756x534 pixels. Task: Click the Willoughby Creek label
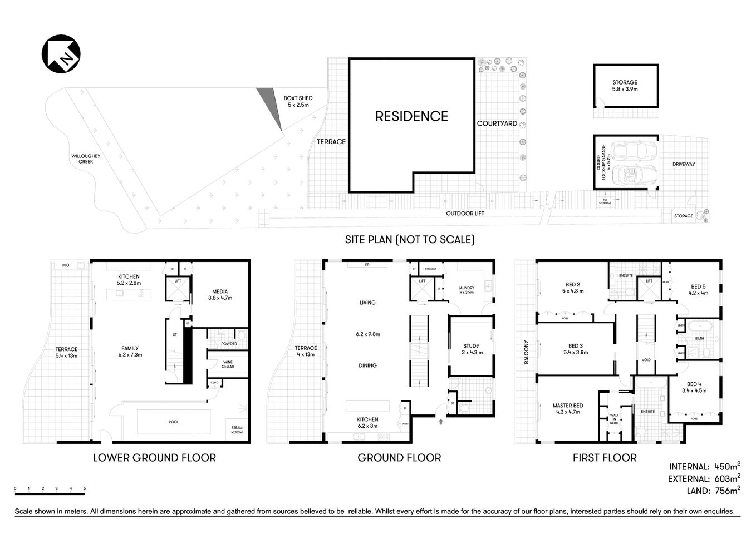point(86,159)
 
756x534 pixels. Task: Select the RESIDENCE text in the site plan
point(411,116)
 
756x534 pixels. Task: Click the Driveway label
point(683,164)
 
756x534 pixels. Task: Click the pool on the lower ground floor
point(174,422)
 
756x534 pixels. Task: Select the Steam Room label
point(237,429)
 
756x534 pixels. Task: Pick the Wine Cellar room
point(228,364)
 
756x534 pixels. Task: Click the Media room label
point(219,294)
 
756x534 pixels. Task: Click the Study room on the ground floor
point(471,349)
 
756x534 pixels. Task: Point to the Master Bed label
point(567,409)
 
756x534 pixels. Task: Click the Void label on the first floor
point(646,360)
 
